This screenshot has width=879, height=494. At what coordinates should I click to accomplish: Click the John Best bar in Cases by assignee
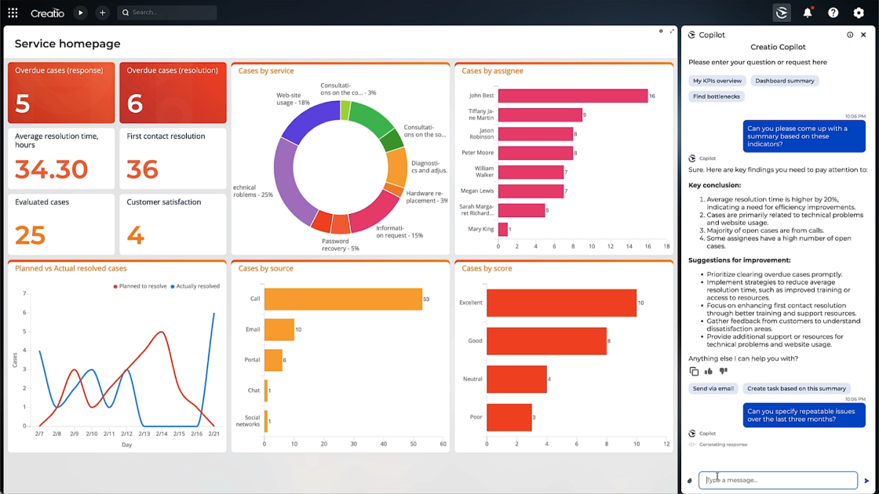(572, 96)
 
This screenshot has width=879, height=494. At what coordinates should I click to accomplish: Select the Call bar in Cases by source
(342, 299)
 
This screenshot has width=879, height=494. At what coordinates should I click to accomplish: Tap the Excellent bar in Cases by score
(560, 303)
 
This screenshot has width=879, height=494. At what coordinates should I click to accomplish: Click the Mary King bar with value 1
(502, 230)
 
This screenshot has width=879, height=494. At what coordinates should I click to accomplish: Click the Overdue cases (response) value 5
(23, 104)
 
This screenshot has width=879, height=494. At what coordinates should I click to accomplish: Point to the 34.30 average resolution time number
(52, 169)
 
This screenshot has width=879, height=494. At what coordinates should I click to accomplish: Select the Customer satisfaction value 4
(136, 234)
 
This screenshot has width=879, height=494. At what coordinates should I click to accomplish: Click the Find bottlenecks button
(716, 96)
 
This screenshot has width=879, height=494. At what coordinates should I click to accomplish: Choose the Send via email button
(713, 388)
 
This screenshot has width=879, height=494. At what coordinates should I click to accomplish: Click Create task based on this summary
(796, 388)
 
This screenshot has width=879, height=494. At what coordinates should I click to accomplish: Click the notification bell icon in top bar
(807, 13)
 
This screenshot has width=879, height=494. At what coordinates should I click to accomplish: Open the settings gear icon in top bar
(858, 13)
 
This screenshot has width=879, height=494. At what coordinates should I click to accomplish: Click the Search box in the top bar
(167, 13)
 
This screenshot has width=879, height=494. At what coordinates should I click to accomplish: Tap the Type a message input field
(778, 480)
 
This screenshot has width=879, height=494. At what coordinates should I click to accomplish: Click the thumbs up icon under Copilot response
(709, 371)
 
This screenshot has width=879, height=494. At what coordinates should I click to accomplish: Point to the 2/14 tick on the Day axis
(162, 434)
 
